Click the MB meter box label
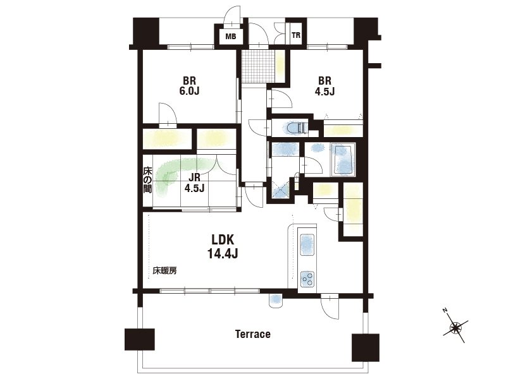(x=230, y=37)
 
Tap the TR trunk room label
(x=295, y=35)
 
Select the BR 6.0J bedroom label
(x=190, y=86)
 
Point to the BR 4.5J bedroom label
(x=324, y=86)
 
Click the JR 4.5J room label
(x=194, y=183)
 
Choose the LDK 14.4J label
(x=223, y=247)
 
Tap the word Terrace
(x=252, y=334)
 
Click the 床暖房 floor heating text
(x=164, y=271)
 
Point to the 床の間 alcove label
(x=147, y=179)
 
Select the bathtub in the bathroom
(x=343, y=160)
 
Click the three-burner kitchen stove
(x=307, y=279)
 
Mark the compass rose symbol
(x=455, y=327)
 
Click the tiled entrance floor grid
(x=258, y=67)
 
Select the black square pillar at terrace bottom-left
(x=140, y=339)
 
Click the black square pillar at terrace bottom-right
(x=366, y=347)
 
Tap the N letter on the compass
(x=445, y=310)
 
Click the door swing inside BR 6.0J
(x=168, y=113)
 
